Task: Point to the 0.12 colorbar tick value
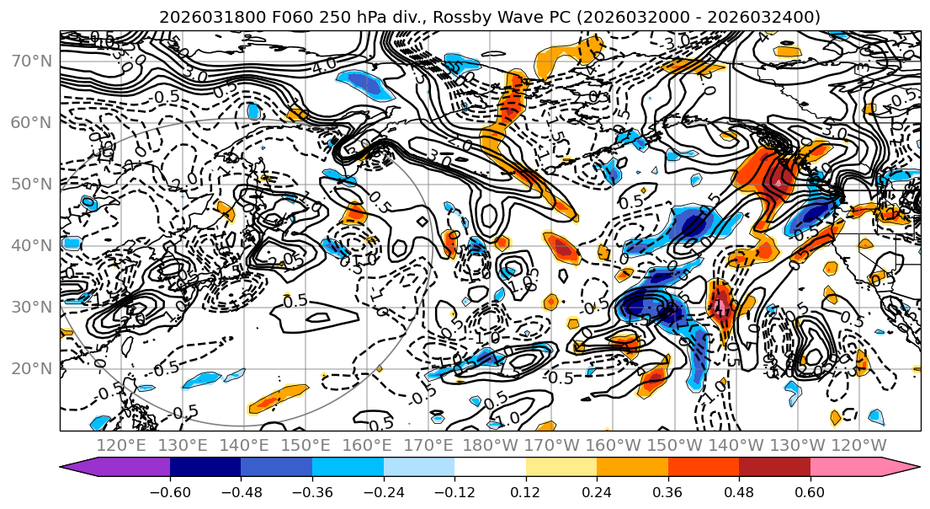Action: [526, 490]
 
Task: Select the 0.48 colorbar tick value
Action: [739, 490]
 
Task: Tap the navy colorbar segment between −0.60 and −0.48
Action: [205, 468]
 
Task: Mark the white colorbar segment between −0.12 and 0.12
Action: [490, 468]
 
